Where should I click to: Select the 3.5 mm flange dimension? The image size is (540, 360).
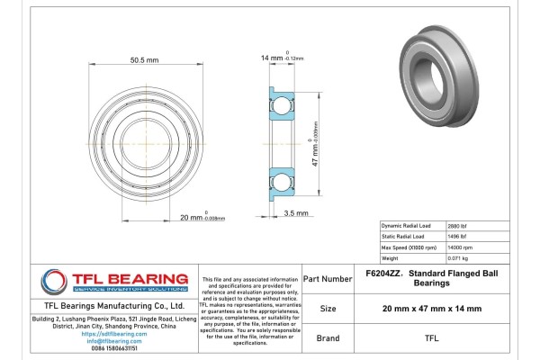click(296, 213)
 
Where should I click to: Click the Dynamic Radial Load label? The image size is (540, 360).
click(408, 225)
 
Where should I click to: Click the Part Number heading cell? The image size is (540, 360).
click(328, 279)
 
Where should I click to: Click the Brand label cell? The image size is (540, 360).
click(328, 339)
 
